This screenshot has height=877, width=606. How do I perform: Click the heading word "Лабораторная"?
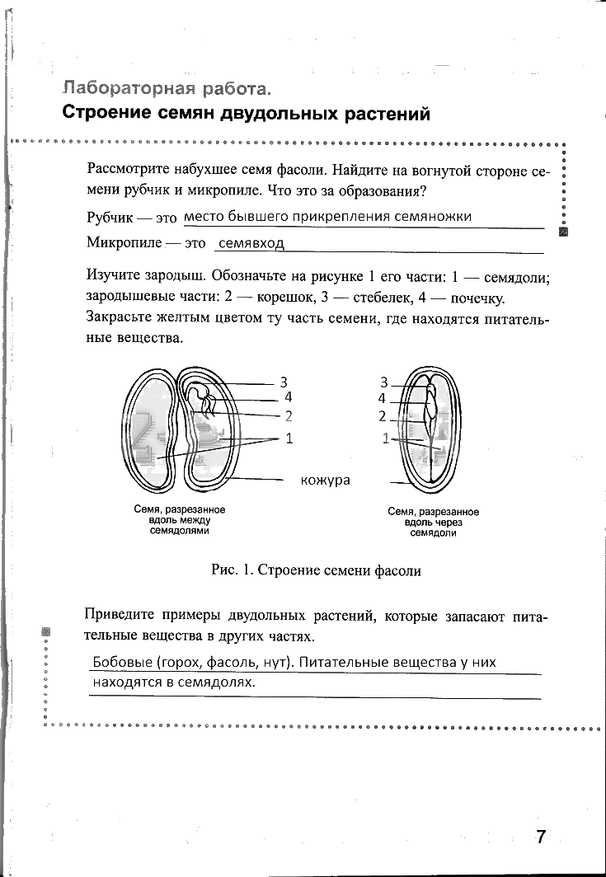pyautogui.click(x=129, y=88)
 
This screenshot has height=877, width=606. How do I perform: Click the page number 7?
pyautogui.click(x=541, y=837)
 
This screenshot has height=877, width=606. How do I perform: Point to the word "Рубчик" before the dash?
pyautogui.click(x=109, y=218)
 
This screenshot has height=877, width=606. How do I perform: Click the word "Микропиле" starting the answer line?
pyautogui.click(x=123, y=244)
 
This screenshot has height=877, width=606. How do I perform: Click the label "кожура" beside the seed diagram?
pyautogui.click(x=325, y=480)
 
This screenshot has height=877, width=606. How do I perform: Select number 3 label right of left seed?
pyautogui.click(x=283, y=382)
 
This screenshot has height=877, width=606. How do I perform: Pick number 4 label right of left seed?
pyautogui.click(x=288, y=396)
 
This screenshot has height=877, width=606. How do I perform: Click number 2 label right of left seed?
pyautogui.click(x=289, y=415)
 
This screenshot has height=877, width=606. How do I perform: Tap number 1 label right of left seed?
pyautogui.click(x=289, y=438)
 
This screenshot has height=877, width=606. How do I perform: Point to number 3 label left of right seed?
pyautogui.click(x=383, y=382)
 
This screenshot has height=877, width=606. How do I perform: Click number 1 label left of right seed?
pyautogui.click(x=385, y=438)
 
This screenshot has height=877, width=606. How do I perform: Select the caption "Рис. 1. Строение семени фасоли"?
pyautogui.click(x=316, y=570)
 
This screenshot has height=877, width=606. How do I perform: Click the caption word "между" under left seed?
pyautogui.click(x=195, y=521)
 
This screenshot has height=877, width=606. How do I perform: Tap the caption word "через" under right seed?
pyautogui.click(x=450, y=523)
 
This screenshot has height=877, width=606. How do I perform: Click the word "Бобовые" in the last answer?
pyautogui.click(x=120, y=663)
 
